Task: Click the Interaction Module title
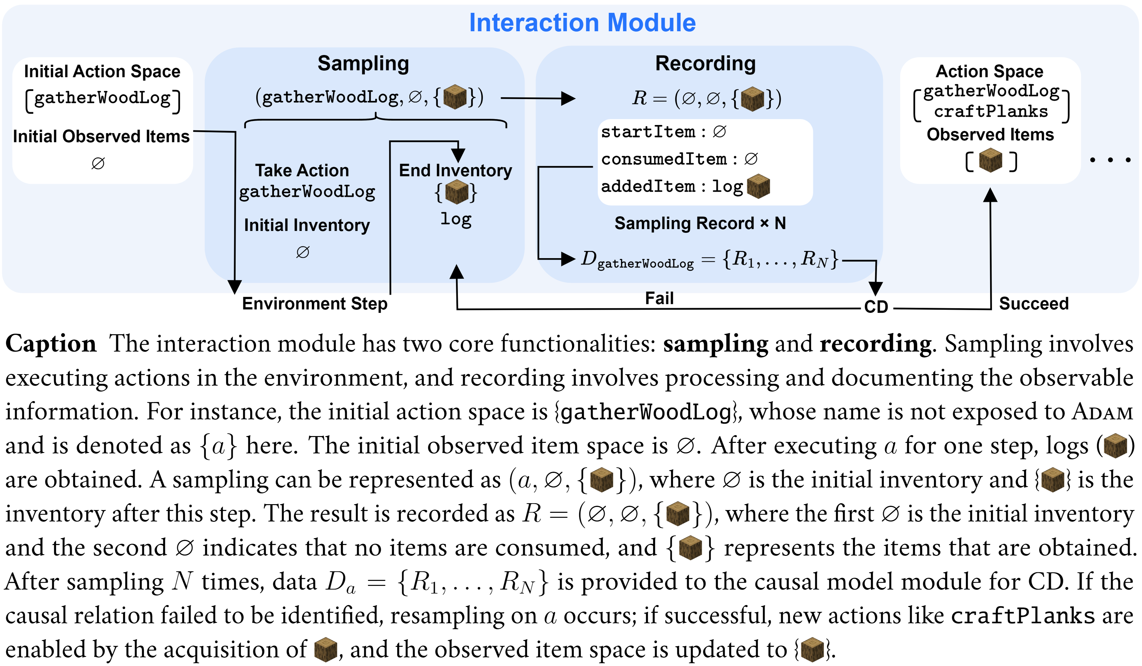[x=582, y=23]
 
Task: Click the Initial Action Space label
[x=102, y=71]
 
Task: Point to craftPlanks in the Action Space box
[x=991, y=111]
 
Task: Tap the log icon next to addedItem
[x=758, y=186]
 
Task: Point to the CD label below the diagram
[x=876, y=307]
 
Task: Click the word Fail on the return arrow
[x=659, y=298]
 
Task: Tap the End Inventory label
[x=455, y=171]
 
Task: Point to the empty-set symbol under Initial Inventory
[x=303, y=252]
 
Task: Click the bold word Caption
[x=51, y=344]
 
